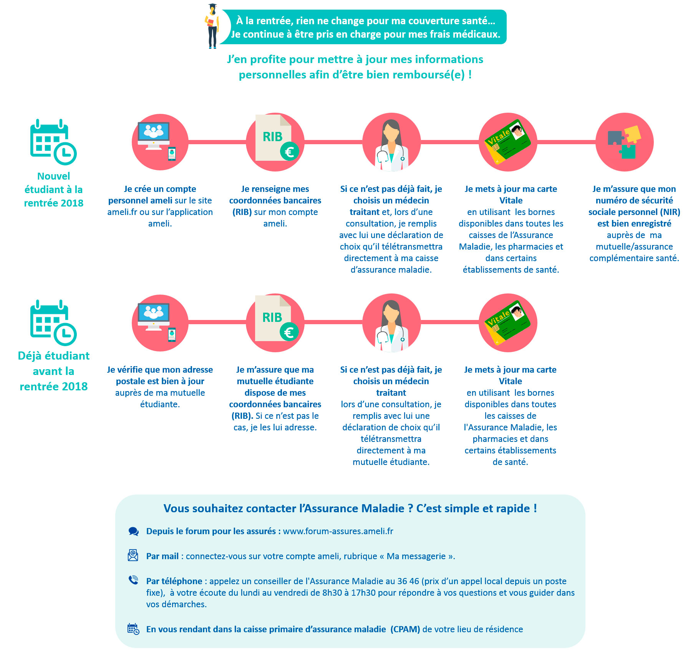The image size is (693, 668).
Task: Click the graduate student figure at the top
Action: coord(212,26)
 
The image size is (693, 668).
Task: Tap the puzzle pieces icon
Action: coord(624,142)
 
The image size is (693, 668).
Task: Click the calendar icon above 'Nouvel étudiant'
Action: coord(53,142)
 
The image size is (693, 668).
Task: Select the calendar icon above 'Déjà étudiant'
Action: coord(53,323)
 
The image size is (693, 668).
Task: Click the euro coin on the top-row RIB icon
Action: coord(289,152)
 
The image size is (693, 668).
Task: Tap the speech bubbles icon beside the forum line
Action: coord(133,531)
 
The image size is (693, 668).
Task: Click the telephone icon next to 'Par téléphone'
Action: coord(133,580)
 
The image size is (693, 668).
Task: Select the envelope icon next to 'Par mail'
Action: coord(133,555)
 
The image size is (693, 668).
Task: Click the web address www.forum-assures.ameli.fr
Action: coord(338,531)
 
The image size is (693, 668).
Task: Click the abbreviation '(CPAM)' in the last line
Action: coord(405,629)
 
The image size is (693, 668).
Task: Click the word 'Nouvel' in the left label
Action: coord(54,176)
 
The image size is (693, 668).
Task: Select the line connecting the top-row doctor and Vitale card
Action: coord(450,142)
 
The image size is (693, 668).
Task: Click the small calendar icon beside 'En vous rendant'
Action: coord(133,629)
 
